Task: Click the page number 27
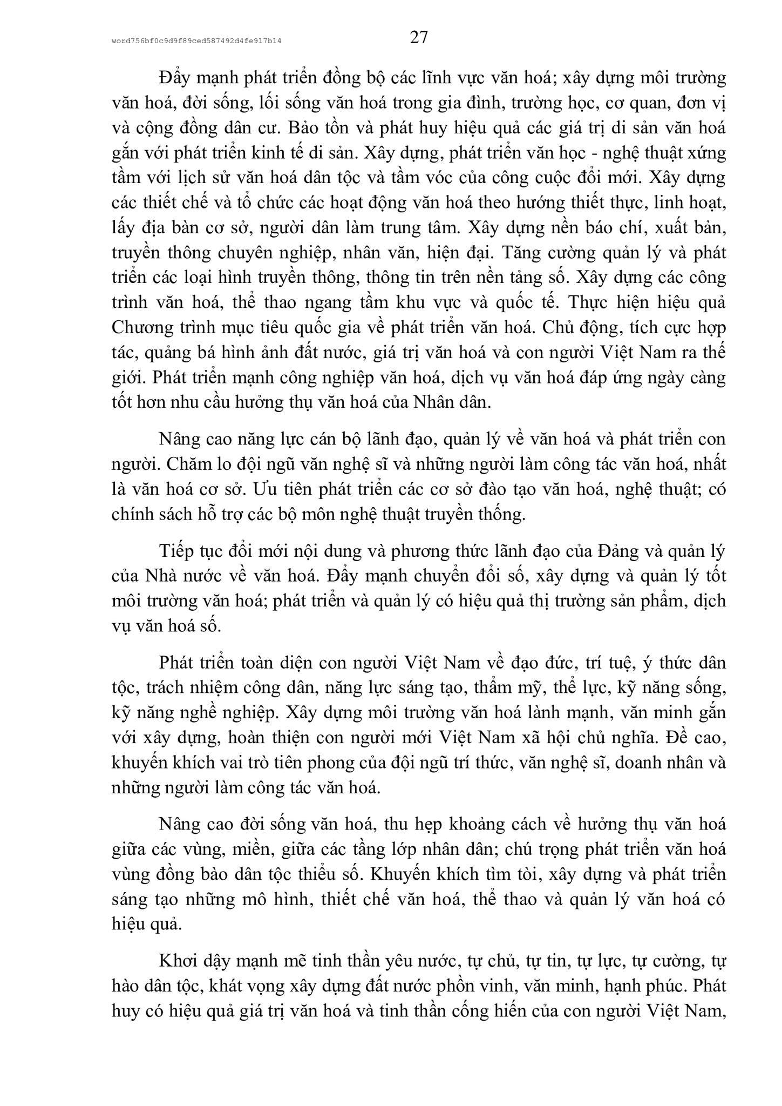(x=419, y=37)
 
